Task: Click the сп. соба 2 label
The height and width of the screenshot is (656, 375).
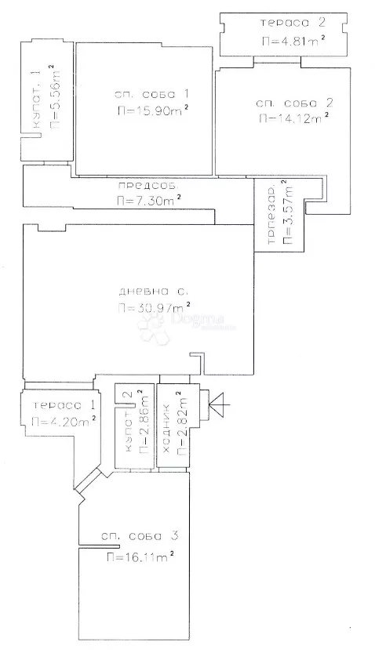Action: tap(294, 103)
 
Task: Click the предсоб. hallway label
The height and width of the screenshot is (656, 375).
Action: tap(151, 185)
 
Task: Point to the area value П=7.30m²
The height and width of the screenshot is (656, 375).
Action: tap(149, 200)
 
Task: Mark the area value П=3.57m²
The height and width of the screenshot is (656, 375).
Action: tap(288, 212)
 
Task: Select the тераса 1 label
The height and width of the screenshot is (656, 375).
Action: tap(64, 405)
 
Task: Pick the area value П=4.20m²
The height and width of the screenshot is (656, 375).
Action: tap(64, 422)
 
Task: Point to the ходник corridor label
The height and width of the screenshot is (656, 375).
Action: tap(166, 429)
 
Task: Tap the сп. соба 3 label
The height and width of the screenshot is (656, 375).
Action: tap(140, 536)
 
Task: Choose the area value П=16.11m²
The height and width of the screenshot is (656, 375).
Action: tap(140, 556)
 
